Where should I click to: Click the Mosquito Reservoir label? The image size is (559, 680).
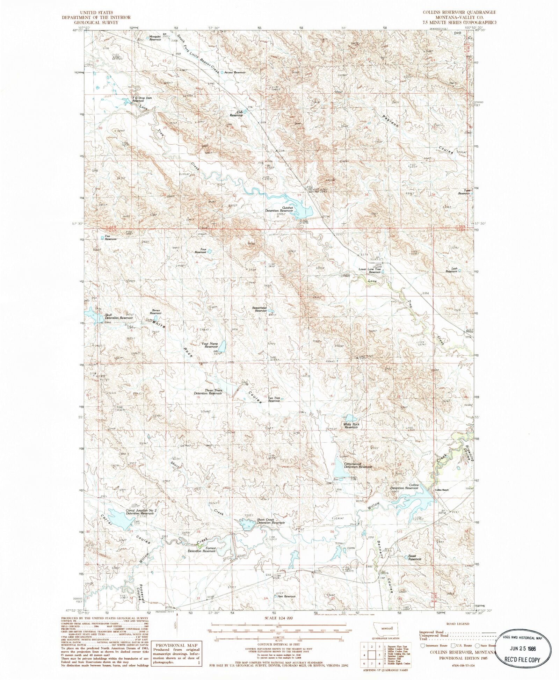point(155,38)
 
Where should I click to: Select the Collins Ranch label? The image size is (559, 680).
point(441,490)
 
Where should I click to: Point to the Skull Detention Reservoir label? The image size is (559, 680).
point(119,317)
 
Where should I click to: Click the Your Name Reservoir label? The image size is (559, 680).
point(210,345)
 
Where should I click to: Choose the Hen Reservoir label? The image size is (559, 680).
point(286,596)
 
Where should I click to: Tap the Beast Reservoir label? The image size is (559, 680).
point(415,557)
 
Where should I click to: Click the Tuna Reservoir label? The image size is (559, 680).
point(464,192)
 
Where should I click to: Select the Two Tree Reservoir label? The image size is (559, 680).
point(274,399)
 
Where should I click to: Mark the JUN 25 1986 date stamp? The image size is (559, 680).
point(523,649)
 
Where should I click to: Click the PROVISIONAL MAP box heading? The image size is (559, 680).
point(176,645)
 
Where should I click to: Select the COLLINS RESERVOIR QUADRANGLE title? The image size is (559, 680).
point(459,12)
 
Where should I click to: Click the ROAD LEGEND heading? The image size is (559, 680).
point(458,623)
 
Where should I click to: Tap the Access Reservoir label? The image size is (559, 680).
point(235,72)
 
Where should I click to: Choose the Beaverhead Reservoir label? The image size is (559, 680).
point(259,309)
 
